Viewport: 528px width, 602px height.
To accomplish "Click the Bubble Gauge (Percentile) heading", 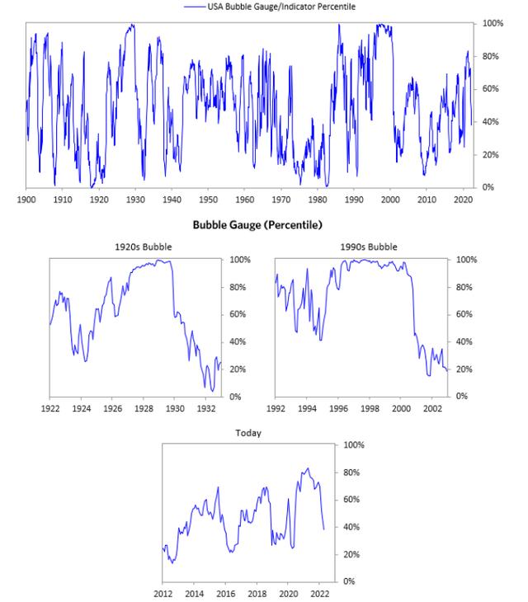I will point(257,224).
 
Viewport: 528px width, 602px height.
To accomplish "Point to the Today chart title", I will point(248,432).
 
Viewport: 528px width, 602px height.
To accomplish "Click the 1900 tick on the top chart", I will point(26,200).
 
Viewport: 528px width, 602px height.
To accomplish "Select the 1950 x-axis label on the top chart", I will point(208,200).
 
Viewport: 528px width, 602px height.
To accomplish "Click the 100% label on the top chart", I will point(493,23).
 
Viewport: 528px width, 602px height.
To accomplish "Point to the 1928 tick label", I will point(144,408).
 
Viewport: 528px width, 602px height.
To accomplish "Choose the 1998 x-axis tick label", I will point(370,408).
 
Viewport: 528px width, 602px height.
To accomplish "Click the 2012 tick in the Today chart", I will point(163,593).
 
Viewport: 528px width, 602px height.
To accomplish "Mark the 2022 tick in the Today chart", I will point(320,593).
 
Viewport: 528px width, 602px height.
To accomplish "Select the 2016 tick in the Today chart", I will point(225,593).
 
